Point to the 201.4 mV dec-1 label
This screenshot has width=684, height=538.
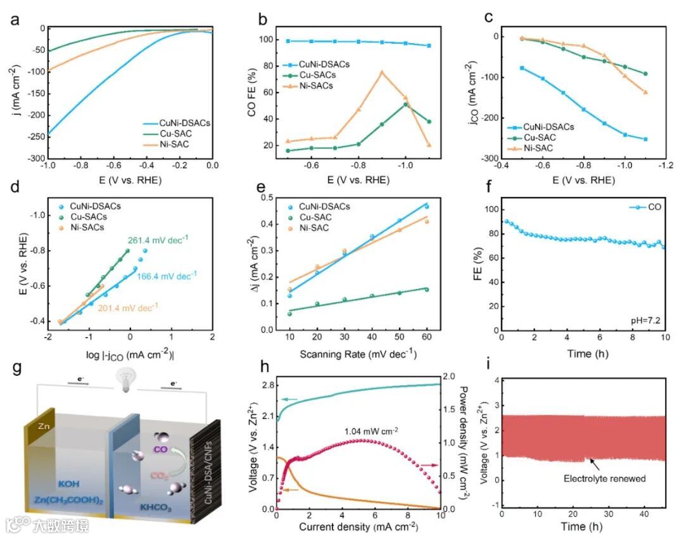(128, 308)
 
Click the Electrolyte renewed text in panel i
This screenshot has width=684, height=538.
(605, 478)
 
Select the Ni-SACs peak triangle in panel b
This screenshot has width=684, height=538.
(382, 72)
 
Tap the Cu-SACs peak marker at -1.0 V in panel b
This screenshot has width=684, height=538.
(405, 104)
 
